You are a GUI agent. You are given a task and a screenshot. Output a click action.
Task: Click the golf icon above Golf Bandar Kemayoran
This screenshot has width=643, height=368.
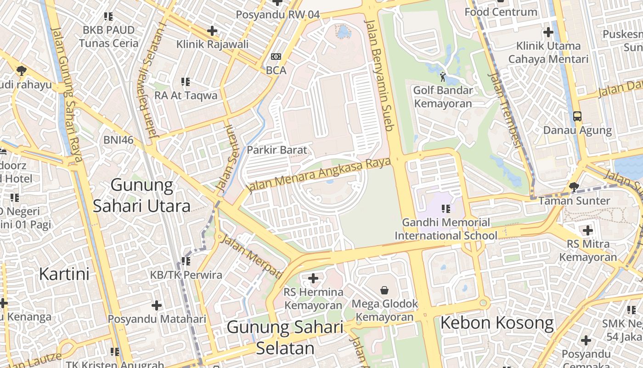point(443,77)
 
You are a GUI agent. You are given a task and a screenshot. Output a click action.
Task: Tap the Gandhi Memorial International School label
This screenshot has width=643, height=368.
point(446,229)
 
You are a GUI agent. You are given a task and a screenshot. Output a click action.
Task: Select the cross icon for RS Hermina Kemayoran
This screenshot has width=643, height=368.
point(313,278)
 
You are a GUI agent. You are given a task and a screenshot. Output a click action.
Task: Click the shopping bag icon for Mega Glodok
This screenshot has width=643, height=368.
point(384,290)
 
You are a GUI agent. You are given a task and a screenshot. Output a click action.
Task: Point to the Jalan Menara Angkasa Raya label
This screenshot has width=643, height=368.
point(319,175)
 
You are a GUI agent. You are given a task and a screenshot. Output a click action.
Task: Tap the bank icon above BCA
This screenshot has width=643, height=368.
point(276,57)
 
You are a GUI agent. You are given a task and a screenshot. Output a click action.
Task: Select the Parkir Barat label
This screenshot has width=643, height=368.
point(276,150)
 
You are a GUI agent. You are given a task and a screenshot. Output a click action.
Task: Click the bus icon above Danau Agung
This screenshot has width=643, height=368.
point(577,116)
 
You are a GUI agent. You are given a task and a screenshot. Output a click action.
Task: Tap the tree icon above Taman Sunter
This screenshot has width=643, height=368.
point(574,187)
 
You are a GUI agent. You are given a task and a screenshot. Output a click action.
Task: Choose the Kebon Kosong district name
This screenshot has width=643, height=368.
point(497,323)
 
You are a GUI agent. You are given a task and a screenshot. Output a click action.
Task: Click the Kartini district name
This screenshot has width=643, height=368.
point(64,274)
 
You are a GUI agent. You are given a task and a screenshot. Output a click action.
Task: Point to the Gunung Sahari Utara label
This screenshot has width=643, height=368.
point(142,195)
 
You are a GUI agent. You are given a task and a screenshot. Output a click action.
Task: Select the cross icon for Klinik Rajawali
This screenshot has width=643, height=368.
point(212,31)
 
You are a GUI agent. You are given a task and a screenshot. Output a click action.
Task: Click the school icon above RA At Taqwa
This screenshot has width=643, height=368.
point(186,82)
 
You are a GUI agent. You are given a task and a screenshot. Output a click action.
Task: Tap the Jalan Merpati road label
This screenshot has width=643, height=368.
point(251,256)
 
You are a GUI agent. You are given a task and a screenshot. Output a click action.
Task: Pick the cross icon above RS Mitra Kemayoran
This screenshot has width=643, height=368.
point(587,230)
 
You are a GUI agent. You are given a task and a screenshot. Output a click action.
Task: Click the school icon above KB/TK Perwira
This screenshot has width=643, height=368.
point(186,261)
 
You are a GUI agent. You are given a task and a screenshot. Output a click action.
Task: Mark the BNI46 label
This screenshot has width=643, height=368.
point(118,140)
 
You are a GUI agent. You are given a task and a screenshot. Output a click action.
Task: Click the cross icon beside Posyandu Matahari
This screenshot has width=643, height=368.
point(157,305)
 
